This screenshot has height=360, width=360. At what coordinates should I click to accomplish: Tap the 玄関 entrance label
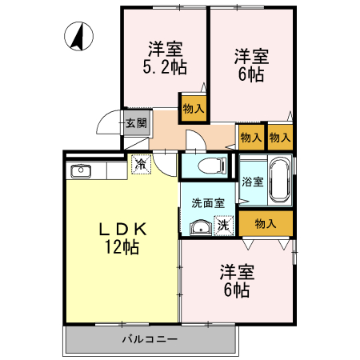pos(136,123)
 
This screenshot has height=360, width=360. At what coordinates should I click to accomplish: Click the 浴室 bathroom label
pos(253,182)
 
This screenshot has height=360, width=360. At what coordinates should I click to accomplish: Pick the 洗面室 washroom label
pos(207,203)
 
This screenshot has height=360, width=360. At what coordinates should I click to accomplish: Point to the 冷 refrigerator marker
pos(140,166)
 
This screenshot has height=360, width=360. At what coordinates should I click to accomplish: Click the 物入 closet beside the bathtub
pos(266,223)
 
